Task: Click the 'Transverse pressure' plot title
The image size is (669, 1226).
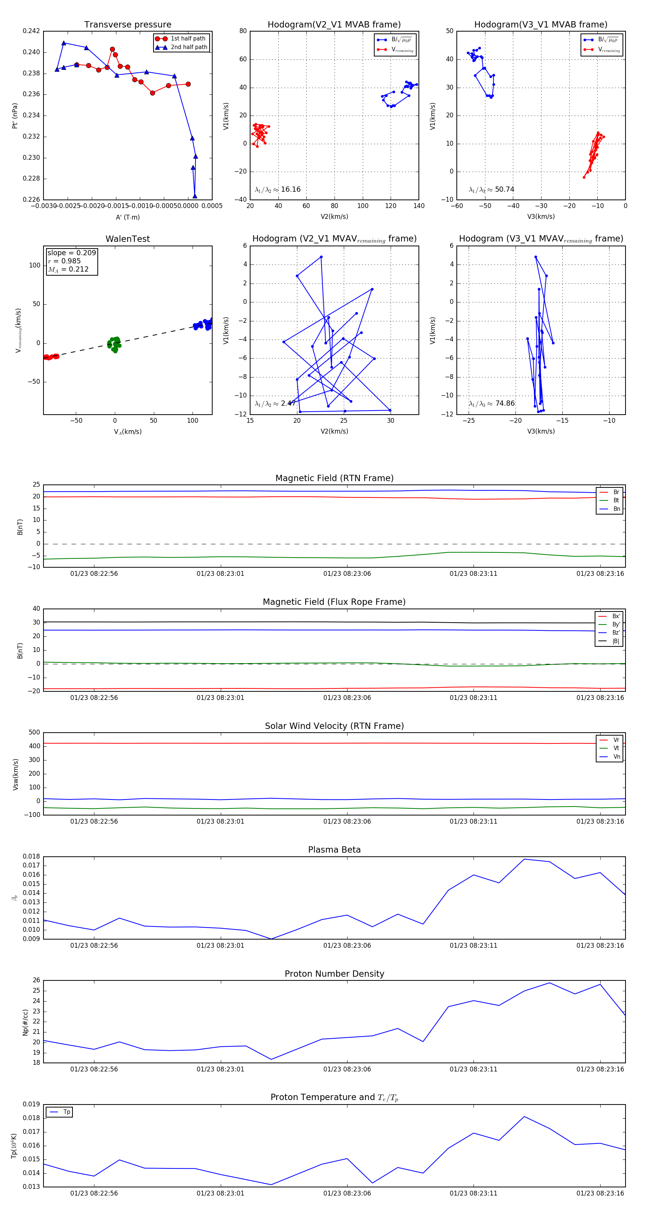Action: tap(127, 25)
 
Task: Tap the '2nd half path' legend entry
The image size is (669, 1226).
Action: tap(188, 47)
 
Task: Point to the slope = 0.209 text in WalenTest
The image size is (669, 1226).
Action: tap(71, 253)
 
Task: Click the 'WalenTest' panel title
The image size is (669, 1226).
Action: tap(127, 239)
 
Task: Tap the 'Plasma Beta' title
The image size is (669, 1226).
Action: tap(334, 850)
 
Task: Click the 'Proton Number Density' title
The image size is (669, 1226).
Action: tap(334, 974)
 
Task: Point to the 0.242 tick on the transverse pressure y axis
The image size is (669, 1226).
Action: tap(32, 32)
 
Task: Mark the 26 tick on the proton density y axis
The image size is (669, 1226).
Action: tap(36, 980)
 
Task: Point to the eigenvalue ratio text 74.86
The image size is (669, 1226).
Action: tap(505, 403)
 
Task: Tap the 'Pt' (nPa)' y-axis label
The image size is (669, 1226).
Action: tap(15, 116)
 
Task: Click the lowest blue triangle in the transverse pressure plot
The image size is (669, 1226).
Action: tap(195, 196)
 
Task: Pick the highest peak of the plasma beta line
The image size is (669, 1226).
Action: tap(524, 859)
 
